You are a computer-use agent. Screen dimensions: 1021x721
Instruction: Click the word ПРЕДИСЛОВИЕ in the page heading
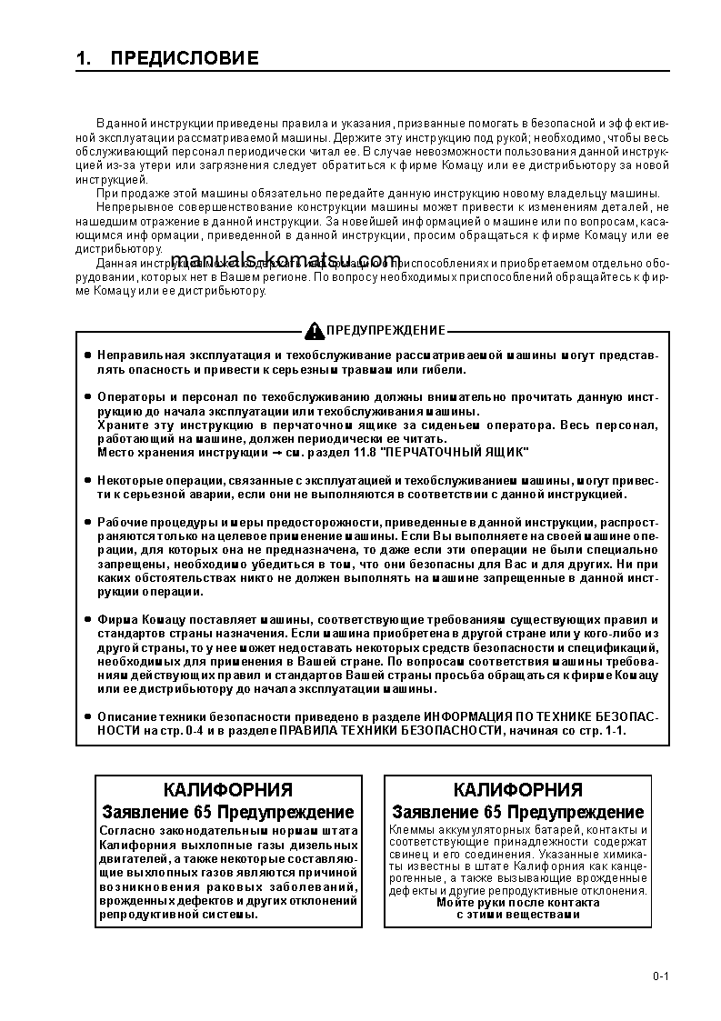click(x=185, y=59)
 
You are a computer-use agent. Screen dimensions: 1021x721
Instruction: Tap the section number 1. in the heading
click(x=85, y=59)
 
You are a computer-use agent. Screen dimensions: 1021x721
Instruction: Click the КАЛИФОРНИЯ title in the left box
click(x=227, y=790)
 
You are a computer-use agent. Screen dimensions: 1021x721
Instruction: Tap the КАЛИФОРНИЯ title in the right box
click(x=517, y=790)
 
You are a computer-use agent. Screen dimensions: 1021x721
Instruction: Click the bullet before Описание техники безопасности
click(x=87, y=717)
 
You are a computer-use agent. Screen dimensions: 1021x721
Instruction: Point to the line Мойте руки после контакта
click(x=517, y=903)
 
